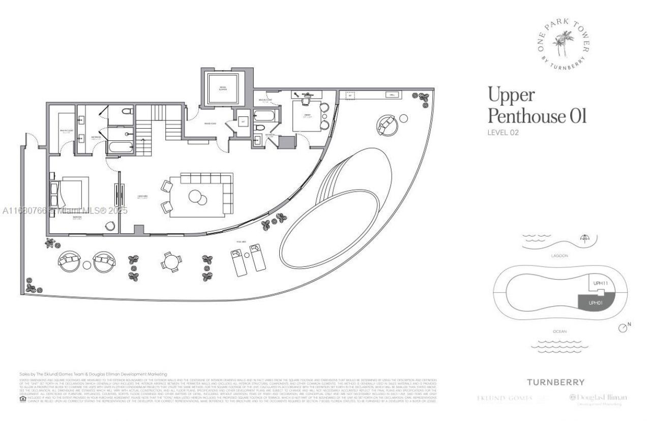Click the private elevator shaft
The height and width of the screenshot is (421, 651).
click(x=223, y=88)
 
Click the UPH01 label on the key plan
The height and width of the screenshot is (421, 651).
click(x=596, y=302)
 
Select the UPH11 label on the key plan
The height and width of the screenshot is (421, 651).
click(x=601, y=283)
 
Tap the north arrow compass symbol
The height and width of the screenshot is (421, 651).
click(x=624, y=328)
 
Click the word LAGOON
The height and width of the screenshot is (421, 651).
click(x=555, y=256)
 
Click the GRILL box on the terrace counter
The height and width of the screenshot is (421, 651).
click(x=392, y=95)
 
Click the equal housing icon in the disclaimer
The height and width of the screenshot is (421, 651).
click(x=22, y=399)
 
